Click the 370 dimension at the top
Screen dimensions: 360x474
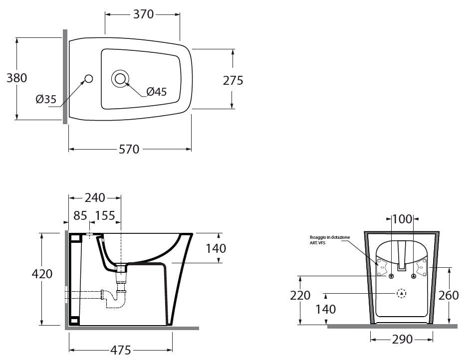143,14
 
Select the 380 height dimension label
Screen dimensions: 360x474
16,78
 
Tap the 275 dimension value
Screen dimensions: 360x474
233,80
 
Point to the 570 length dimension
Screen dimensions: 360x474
129,149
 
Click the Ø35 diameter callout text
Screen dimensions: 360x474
46,100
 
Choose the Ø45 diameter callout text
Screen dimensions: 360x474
156,92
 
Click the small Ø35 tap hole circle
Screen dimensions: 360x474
89,78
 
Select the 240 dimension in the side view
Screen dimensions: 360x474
95,198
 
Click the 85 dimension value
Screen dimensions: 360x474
80,216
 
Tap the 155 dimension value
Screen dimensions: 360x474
105,216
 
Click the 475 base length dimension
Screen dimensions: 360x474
120,350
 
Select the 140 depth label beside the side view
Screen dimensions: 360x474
216,248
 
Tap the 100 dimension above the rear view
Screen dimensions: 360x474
402,219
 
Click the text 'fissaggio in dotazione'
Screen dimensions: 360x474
329,237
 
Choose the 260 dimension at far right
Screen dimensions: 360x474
449,296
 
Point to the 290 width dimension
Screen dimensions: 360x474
402,340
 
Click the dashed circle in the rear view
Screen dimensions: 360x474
402,294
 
